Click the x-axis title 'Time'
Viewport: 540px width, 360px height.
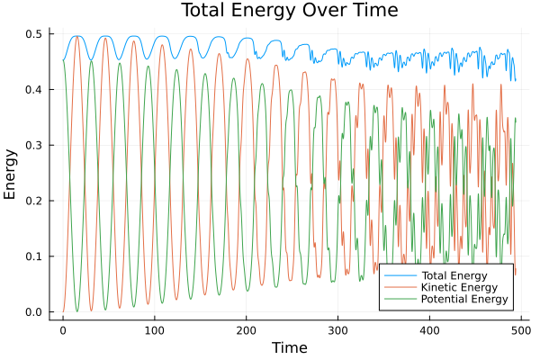pos(290,347)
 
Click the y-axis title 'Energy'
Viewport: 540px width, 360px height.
pos(12,173)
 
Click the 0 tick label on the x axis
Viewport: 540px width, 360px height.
pos(63,329)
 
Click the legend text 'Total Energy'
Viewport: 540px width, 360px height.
pos(454,274)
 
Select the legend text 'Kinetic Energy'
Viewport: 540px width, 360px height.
pos(458,287)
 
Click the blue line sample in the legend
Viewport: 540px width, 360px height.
pos(399,274)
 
